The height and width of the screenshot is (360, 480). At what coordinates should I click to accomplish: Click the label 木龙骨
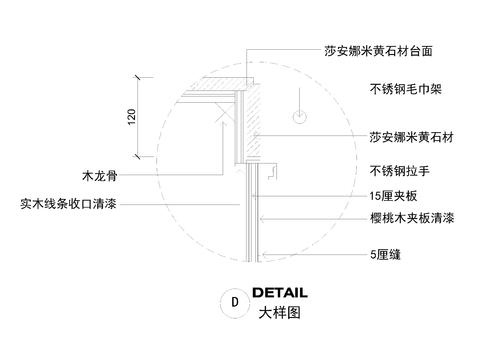click(x=102, y=174)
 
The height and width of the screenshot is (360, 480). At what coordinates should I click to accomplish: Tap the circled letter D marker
click(x=234, y=300)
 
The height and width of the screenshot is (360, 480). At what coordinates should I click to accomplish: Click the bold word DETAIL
click(x=279, y=293)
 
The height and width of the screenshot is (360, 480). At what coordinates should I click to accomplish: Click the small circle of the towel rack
click(x=297, y=118)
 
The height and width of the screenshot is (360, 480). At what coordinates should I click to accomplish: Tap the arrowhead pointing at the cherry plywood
click(x=261, y=217)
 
